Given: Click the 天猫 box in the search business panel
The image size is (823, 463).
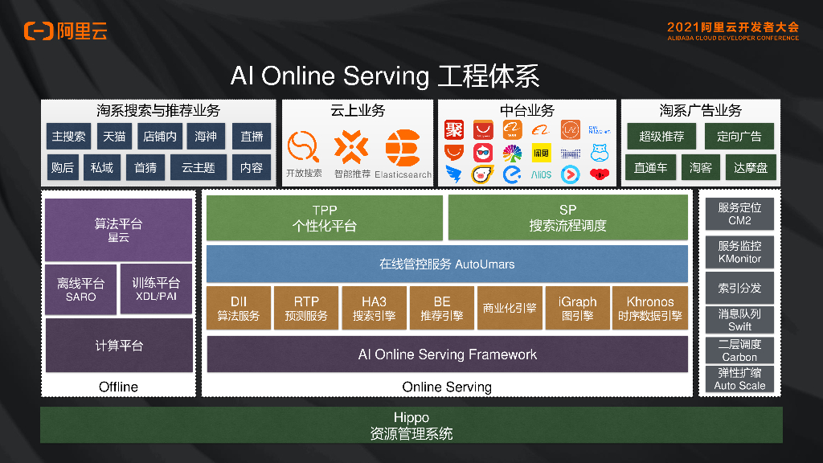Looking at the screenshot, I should pos(114,137).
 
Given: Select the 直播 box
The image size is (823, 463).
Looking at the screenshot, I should pos(252,137).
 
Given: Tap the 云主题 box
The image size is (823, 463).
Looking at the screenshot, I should pos(198,167).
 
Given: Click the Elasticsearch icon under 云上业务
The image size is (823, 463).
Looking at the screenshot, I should pos(403,149).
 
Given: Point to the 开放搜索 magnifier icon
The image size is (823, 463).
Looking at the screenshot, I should pos(303,147).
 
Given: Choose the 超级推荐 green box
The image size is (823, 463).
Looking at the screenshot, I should pos(661,137).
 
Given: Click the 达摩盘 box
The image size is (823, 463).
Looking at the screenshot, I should pos(751,167).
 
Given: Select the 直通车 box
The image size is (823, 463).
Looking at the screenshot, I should pos(650,167).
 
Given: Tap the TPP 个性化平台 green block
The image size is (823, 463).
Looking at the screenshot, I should pos(324,218).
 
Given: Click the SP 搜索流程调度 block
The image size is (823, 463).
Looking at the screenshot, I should pos(567,218).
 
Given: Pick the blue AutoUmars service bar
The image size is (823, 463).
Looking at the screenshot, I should pos(447,264).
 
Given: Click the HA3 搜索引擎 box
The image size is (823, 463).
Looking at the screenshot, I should pos(374,308).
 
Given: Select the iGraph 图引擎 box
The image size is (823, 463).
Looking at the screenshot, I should pos(576,308).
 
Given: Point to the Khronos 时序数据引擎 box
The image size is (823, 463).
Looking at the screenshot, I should pos(649,308).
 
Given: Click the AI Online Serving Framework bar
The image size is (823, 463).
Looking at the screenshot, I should pos(447,354).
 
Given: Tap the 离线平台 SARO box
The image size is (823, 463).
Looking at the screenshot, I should pos(80,289).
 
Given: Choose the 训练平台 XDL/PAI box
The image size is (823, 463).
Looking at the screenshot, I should pos(155,289).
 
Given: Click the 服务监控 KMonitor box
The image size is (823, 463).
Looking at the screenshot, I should pos(739,252).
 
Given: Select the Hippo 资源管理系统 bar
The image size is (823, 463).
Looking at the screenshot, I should pos(411,425).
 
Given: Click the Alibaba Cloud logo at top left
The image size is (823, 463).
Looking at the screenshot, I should pos(65,31).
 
